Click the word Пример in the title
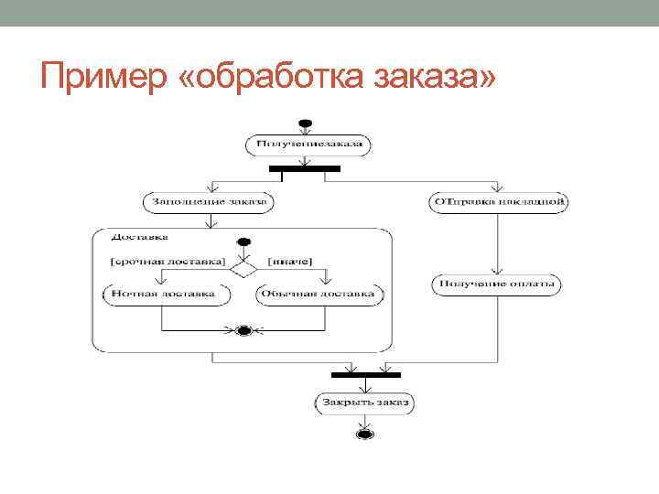click(100, 74)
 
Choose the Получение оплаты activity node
click(496, 285)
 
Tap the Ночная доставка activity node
click(160, 295)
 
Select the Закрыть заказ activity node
click(364, 402)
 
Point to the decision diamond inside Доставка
click(243, 269)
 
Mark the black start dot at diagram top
click(305, 123)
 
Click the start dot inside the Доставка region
click(243, 242)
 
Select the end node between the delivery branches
click(243, 330)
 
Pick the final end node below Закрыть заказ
click(364, 433)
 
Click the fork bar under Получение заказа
click(305, 168)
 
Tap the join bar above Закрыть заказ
click(365, 374)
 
